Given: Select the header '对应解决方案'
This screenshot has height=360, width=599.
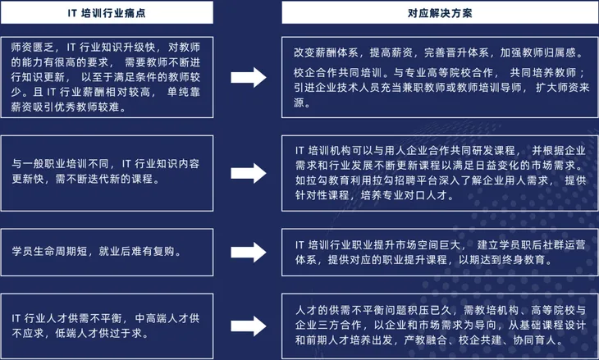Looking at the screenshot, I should (x=432, y=14).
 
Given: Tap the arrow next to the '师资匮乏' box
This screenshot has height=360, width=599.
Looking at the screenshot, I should (x=252, y=77).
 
